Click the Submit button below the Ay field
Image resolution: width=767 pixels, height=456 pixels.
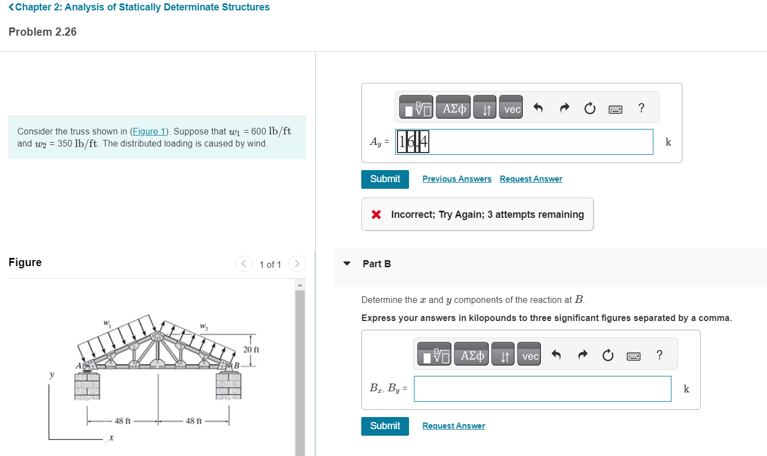(385, 179)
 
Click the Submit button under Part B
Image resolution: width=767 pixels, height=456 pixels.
(385, 426)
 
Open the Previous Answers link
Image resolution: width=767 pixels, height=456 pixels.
(457, 179)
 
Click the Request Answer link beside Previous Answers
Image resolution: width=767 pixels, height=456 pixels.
(531, 179)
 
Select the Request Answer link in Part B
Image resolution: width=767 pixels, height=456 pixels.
(454, 426)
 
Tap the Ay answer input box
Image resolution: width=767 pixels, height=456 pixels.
(524, 142)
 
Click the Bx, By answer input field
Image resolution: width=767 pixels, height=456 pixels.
(542, 389)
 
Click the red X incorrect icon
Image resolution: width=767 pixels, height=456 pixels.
(376, 215)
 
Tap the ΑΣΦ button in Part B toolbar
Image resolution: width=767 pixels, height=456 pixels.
(473, 356)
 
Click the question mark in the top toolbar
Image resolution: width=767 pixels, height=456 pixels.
(641, 108)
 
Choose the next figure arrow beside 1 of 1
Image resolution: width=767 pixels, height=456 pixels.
(297, 264)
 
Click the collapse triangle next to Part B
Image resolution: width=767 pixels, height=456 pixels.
(346, 263)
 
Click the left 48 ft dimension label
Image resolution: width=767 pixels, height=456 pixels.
(122, 421)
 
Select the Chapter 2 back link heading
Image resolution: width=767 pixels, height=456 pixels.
(139, 7)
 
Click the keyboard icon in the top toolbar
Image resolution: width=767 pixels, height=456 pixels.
(615, 109)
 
